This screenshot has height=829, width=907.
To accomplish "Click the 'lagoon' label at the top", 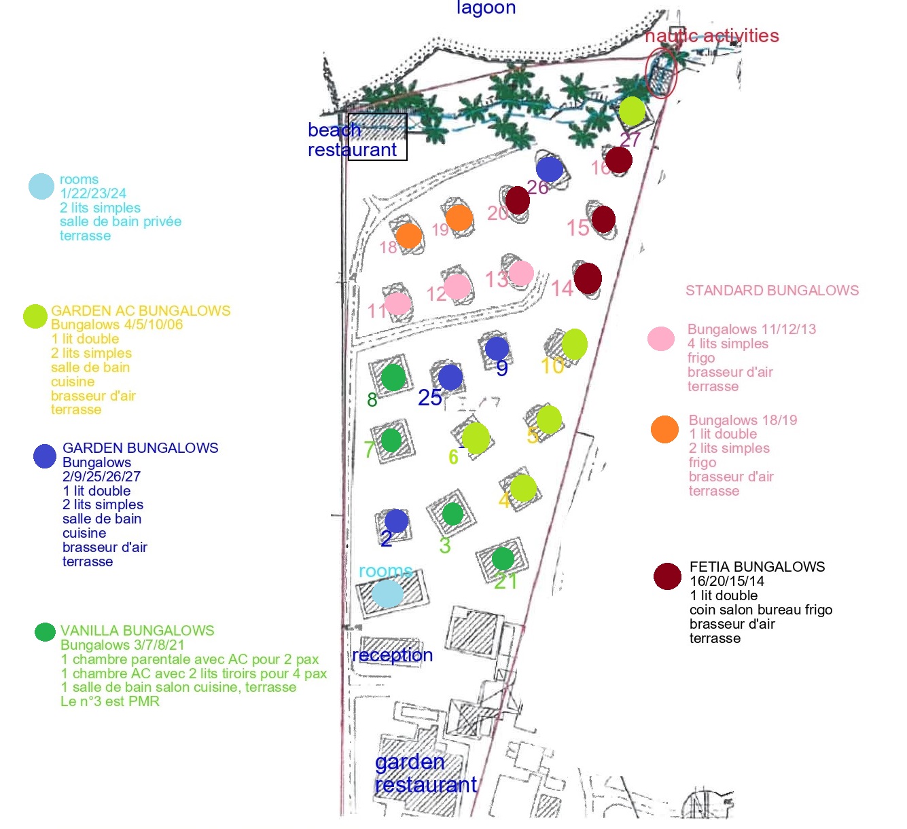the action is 486,7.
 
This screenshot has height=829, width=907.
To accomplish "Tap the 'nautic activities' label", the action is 712,36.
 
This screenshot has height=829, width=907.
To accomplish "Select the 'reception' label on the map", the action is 393,655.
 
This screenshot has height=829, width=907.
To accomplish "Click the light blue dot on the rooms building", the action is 387,593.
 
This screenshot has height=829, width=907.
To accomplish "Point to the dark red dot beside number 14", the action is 588,278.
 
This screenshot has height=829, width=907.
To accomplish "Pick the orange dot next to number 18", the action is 409,236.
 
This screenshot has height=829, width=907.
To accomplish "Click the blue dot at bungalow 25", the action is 451,377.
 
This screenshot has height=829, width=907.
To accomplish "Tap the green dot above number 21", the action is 503,559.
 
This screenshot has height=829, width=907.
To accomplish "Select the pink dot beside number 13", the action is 521,273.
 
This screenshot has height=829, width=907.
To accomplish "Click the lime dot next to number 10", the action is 575,344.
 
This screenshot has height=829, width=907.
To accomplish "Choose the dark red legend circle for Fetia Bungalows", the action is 667,576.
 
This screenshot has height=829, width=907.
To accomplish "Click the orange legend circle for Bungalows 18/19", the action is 664,429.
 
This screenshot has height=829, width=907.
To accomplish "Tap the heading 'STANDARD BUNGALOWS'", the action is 772,290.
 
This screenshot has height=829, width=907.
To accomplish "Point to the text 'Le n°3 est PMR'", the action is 110,701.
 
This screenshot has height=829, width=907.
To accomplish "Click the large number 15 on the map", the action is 578,228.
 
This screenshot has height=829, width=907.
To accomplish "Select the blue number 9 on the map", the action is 502,369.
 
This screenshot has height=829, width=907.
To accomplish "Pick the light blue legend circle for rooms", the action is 41,186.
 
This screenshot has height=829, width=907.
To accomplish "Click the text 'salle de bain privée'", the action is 121,221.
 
